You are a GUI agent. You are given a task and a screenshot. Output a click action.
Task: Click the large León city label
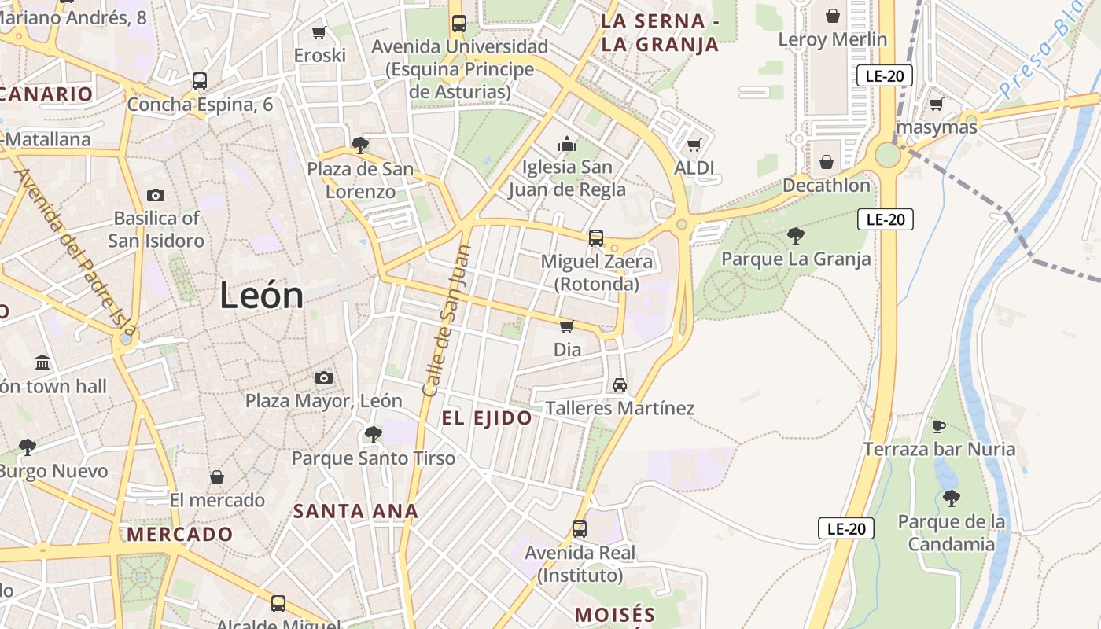[x=261, y=296]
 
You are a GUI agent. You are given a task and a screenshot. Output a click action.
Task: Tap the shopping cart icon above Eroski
[x=319, y=32]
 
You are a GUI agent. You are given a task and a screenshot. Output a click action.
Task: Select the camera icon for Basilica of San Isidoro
[x=156, y=195]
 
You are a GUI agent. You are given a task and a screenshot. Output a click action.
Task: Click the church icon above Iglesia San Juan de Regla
[x=566, y=144]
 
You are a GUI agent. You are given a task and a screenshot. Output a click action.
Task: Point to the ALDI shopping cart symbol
[x=694, y=145]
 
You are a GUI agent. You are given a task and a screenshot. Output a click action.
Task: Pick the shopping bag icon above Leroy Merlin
[x=832, y=16]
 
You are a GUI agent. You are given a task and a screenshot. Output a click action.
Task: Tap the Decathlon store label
[x=826, y=186]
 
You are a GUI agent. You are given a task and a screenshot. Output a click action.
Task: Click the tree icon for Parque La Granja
[x=795, y=235]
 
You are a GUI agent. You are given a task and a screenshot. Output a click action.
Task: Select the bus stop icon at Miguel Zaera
[x=596, y=237]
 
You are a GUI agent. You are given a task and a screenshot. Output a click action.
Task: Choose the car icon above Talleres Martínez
[x=620, y=385]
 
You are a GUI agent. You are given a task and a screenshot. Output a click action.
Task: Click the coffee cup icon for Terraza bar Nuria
[x=939, y=426]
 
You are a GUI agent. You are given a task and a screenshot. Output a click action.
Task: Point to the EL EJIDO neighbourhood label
[x=487, y=418]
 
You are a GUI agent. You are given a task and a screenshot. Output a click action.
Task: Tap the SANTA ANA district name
[x=355, y=511]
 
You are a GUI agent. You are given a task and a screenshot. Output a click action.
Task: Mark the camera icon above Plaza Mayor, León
[x=323, y=378]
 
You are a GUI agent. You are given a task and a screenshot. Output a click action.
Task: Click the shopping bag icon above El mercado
[x=217, y=477]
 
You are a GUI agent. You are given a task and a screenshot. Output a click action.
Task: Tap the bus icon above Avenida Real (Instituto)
[x=580, y=529]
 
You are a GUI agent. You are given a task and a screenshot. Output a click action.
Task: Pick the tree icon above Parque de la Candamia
[x=952, y=498]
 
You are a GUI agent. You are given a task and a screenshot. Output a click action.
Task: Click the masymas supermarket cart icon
[x=936, y=104]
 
